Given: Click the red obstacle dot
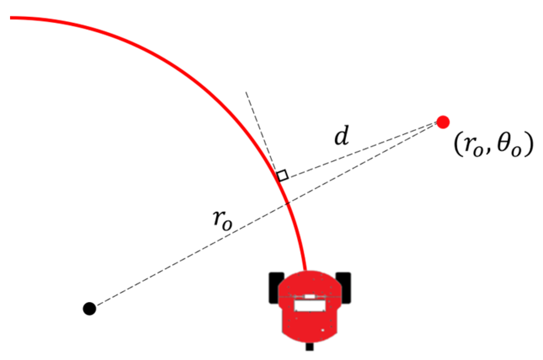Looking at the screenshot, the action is (x=443, y=122).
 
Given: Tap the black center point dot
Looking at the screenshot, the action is (x=89, y=308).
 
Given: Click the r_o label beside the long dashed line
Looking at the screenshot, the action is (x=223, y=220).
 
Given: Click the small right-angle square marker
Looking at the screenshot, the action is (x=283, y=175).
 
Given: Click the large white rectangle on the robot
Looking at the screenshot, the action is (x=310, y=306).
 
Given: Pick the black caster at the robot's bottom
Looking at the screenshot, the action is (x=309, y=346).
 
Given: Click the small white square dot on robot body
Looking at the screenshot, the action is (x=323, y=330).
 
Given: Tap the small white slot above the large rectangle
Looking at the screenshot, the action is (x=310, y=296).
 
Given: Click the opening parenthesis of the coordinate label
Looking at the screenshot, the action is (x=458, y=144).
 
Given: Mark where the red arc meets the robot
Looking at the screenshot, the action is (x=306, y=270).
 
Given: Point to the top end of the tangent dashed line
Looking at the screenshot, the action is (x=246, y=92).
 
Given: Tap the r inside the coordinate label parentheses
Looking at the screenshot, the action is (x=469, y=145).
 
